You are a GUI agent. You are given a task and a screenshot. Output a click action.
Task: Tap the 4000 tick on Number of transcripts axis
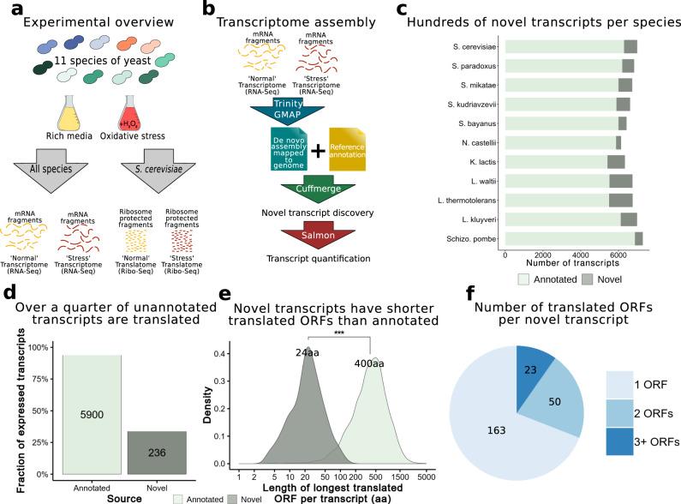[x=581, y=255]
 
